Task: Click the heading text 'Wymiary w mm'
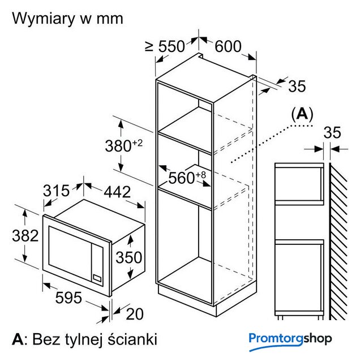(x=67, y=18)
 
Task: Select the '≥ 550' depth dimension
(x=165, y=47)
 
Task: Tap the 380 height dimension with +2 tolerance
(x=123, y=145)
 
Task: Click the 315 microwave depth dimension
(x=57, y=192)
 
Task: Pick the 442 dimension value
(x=115, y=192)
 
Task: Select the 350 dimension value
(x=128, y=257)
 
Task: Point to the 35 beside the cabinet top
(x=297, y=86)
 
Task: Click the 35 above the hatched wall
(x=332, y=132)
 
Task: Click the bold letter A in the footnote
(x=18, y=339)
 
